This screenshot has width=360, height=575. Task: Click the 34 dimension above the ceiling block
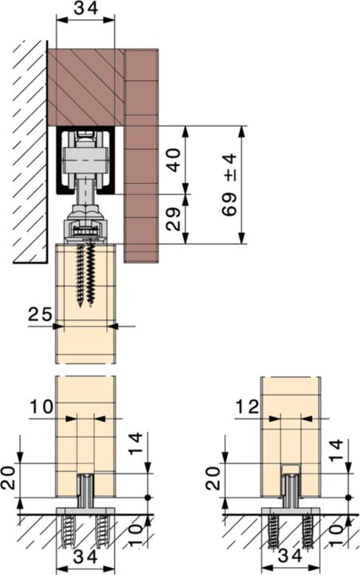pos(85,10)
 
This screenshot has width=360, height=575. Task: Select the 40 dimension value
pos(173,160)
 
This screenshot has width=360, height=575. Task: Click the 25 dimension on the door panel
pos(38,315)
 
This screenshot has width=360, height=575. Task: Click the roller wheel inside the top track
pos(86,159)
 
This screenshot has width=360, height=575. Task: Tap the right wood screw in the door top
pos(92,272)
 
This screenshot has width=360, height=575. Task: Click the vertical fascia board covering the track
pos(141,156)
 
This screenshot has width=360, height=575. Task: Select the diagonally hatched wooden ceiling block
pos(85,86)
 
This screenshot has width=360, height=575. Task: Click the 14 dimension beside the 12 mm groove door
pos(336,454)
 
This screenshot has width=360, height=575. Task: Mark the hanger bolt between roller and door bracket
pos(86,192)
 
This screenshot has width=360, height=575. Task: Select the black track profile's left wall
pos(60,164)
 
